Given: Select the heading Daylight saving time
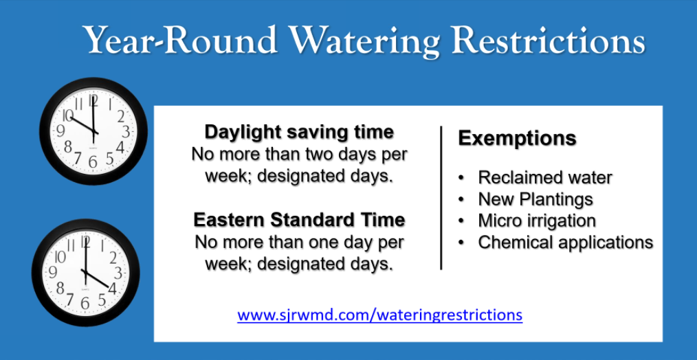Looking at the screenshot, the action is tap(299, 133).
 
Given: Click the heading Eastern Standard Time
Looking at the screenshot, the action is tap(299, 221).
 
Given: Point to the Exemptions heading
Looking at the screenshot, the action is tap(518, 139).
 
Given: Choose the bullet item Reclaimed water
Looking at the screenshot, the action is tap(545, 177).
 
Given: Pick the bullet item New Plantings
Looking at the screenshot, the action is tap(535, 199).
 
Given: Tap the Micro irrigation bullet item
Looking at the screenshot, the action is tap(537, 221).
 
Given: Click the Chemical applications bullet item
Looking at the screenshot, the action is tap(566, 243).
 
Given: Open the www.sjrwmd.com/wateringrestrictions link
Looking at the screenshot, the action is tap(380, 315).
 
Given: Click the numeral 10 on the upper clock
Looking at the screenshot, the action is tap(67, 115).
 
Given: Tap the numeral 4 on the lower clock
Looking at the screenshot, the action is tap(112, 289).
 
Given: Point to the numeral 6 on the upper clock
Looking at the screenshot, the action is tap(93, 161).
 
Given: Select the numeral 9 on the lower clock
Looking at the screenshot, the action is tap(53, 272).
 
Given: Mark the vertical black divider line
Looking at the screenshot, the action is tap(441, 198).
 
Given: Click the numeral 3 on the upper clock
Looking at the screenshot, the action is tap(126, 132).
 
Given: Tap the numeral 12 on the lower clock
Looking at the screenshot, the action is tap(86, 242).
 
